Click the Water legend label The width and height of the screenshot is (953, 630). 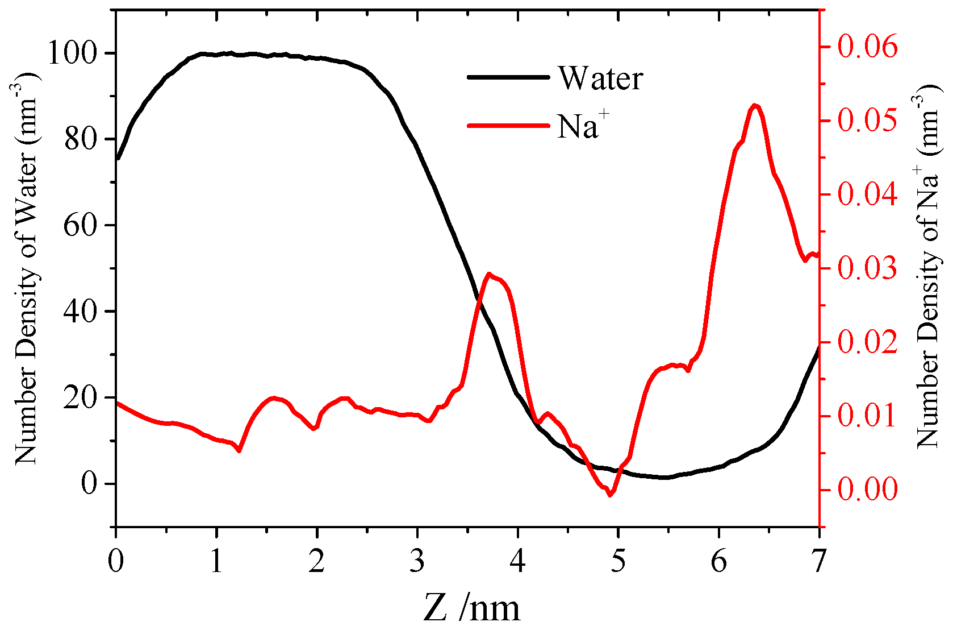coord(601,78)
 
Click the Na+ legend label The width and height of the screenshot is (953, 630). coord(583,125)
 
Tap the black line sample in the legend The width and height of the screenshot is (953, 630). coord(508,77)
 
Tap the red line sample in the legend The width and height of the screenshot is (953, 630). coord(508,125)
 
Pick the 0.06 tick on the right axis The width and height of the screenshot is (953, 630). coord(867,47)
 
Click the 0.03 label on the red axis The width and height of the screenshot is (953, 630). coord(867,268)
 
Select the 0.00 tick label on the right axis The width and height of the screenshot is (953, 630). coord(867,489)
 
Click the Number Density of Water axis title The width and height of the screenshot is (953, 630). coord(26,267)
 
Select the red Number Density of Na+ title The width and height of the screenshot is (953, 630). coord(927,267)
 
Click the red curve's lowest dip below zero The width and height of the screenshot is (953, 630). coord(611,495)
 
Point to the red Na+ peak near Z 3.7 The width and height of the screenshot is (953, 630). coord(488,274)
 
